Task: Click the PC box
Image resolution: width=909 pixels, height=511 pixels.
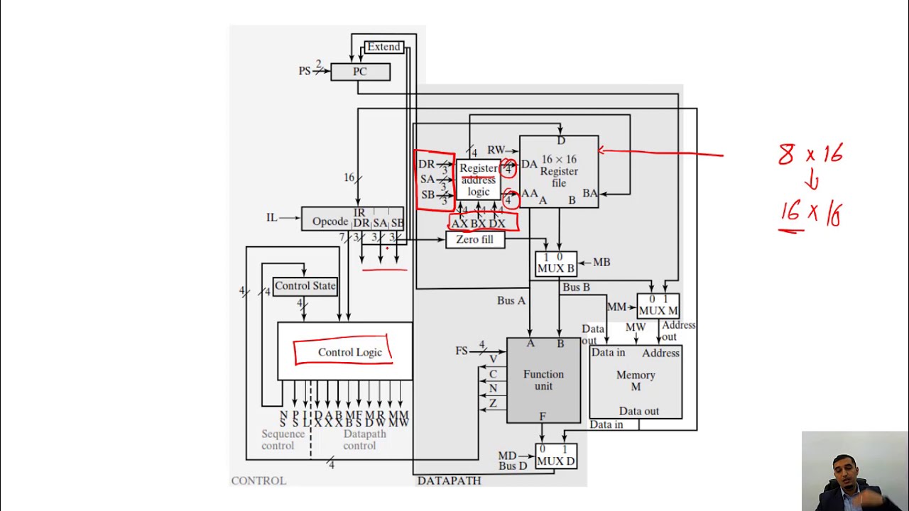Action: point(360,72)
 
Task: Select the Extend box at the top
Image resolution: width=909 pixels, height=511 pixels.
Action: point(383,47)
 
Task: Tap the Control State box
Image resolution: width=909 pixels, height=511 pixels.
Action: point(305,286)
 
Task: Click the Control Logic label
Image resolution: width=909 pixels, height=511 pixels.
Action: point(349,352)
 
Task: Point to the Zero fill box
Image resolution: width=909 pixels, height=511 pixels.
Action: point(474,240)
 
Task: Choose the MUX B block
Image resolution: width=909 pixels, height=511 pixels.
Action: point(555,264)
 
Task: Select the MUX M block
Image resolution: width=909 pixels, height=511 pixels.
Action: point(658,306)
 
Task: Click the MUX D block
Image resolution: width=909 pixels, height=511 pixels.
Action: point(555,456)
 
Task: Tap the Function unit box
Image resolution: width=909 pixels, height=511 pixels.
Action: point(543,380)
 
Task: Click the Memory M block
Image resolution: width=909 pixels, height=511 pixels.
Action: point(636,381)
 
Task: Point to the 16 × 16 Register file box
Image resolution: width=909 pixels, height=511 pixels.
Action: point(559,171)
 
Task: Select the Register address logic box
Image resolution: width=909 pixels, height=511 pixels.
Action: point(478,180)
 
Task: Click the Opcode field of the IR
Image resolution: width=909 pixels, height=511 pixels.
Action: point(330,221)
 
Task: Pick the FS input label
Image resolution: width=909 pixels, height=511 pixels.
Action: point(462,351)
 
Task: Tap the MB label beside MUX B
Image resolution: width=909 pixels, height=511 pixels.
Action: point(602,263)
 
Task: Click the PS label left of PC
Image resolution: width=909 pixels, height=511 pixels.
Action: point(305,71)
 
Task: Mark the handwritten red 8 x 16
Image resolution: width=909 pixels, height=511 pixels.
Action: point(810,154)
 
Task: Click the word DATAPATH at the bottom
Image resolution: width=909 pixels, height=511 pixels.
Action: point(449,480)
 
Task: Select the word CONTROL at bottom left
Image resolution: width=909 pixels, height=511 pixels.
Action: point(258,480)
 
